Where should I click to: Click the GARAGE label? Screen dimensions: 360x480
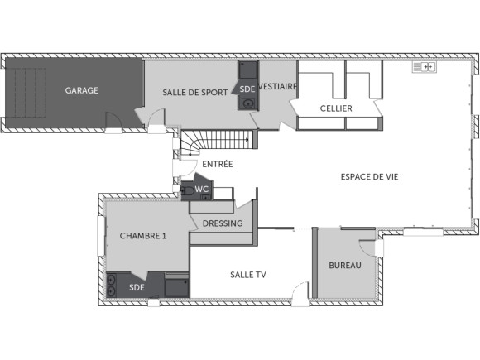pyautogui.click(x=82, y=90)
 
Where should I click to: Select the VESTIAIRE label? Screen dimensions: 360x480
pyautogui.click(x=278, y=86)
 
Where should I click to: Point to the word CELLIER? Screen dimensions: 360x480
pyautogui.click(x=336, y=108)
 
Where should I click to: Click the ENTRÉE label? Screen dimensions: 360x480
pyautogui.click(x=217, y=164)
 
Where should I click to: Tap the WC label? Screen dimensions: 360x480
pyautogui.click(x=202, y=189)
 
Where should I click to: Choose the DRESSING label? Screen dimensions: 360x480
pyautogui.click(x=222, y=223)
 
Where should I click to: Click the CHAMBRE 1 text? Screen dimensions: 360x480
pyautogui.click(x=143, y=236)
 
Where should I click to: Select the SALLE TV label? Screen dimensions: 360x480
pyautogui.click(x=247, y=274)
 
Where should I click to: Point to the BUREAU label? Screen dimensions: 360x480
pyautogui.click(x=344, y=266)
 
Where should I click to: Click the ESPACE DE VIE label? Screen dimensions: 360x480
pyautogui.click(x=369, y=176)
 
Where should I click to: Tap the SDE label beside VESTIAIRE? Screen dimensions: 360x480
pyautogui.click(x=247, y=89)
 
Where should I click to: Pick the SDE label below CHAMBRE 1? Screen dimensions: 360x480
pyautogui.click(x=137, y=287)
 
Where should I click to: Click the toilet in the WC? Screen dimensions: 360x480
pyautogui.click(x=190, y=191)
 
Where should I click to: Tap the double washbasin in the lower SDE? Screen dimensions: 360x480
pyautogui.click(x=111, y=286)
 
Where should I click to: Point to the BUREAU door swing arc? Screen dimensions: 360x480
pyautogui.click(x=365, y=245)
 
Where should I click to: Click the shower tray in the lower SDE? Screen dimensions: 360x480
pyautogui.click(x=176, y=286)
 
